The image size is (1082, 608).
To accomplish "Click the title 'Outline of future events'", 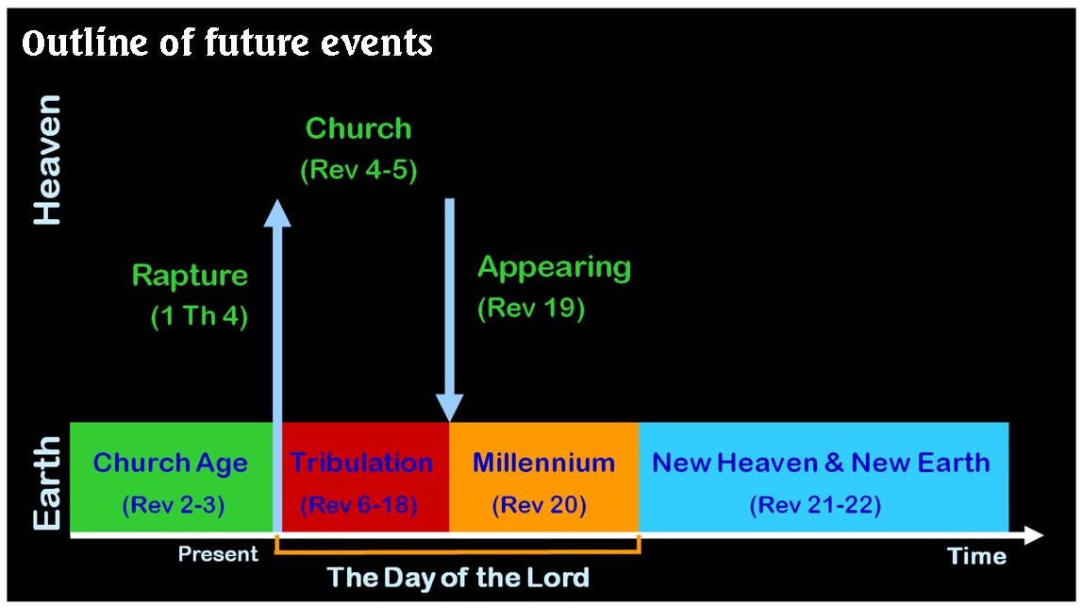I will (x=226, y=42).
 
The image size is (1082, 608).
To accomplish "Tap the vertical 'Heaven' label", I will (x=47, y=159).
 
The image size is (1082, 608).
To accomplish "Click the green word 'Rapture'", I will (x=190, y=276).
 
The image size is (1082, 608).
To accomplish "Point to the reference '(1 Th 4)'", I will (x=199, y=317).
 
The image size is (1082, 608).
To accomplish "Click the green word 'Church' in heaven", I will (x=358, y=128).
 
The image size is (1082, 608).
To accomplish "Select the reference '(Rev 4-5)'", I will (x=358, y=171).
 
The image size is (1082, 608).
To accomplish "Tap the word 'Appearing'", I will (x=554, y=267).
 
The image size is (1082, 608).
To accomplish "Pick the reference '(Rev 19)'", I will (x=531, y=309).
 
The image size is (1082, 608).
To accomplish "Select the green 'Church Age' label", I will (x=171, y=463).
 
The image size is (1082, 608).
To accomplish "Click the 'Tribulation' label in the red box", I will (x=361, y=463).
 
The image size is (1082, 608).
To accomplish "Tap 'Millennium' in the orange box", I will (x=543, y=463).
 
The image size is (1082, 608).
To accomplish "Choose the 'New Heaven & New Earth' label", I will (x=821, y=463).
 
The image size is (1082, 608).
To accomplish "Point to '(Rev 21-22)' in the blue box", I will (x=815, y=505).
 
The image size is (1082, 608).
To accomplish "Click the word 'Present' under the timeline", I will (x=218, y=554).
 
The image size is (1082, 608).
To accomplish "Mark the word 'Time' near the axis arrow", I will (x=977, y=556).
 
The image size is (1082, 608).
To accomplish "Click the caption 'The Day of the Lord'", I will (x=458, y=577).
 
